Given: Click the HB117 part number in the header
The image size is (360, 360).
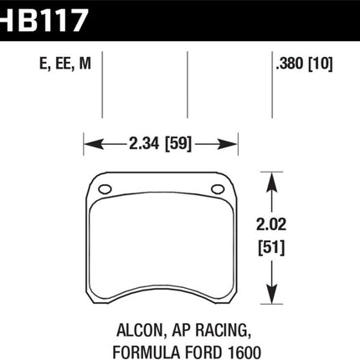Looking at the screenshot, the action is click(44, 20).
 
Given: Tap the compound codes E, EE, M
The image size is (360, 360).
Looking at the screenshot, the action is click(65, 64).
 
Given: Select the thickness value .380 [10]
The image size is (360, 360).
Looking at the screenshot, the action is click(304, 64).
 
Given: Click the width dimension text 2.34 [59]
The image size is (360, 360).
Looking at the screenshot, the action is click(160, 144).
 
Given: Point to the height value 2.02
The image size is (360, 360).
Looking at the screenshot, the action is click(271, 224).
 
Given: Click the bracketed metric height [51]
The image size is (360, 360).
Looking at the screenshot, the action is click(271, 248).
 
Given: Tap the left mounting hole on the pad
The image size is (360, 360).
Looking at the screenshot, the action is click(105, 189).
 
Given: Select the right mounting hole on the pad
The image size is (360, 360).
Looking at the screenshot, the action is click(218, 189).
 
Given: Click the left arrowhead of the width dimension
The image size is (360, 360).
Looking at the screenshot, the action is click(93, 144).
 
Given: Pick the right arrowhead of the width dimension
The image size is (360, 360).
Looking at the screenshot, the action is click(229, 144).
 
